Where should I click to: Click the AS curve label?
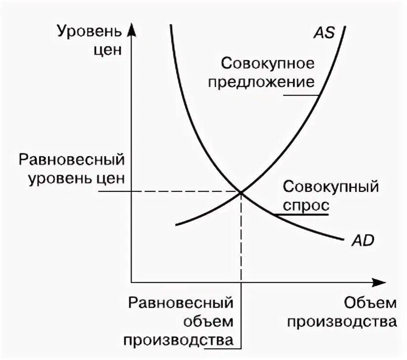[x=324, y=33]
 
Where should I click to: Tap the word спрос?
[x=304, y=204]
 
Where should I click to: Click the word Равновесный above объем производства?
[x=180, y=303]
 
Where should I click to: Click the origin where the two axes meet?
[x=131, y=282]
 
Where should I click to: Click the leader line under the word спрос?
[x=301, y=215]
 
